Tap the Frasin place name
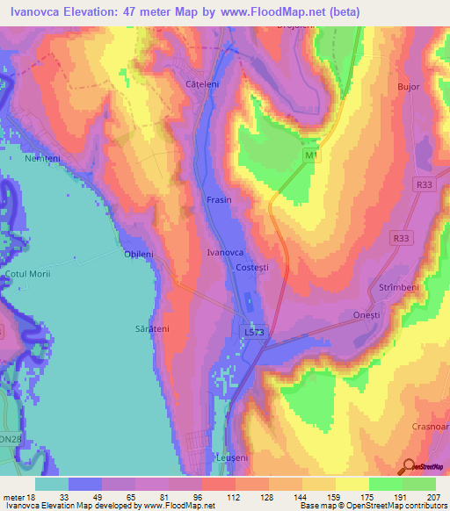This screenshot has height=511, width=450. click(219, 200)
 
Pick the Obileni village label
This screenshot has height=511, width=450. click(138, 254)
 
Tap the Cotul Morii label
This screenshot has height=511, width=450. click(29, 275)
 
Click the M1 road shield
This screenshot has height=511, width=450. click(309, 155)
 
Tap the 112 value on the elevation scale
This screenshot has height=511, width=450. click(210, 498)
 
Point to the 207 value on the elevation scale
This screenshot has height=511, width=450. click(432, 498)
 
